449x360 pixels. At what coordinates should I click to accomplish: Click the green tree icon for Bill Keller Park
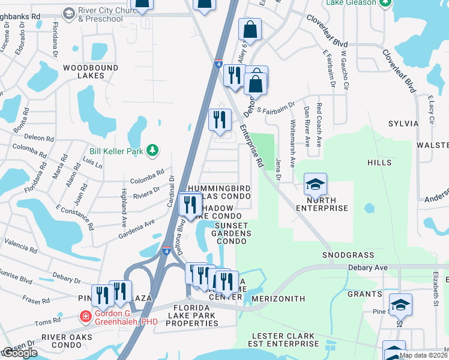click(152, 150)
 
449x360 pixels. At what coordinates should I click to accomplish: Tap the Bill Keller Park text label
click(116, 151)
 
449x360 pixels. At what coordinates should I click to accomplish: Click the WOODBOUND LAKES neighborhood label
click(91, 73)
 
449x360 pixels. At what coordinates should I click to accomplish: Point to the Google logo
click(19, 353)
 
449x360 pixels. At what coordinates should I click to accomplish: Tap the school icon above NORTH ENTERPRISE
click(315, 184)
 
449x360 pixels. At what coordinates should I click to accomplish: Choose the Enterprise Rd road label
click(252, 146)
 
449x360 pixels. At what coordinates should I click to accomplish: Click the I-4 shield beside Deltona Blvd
click(166, 246)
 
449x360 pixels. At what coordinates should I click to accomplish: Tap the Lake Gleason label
click(351, 3)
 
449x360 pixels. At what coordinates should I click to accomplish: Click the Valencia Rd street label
click(21, 244)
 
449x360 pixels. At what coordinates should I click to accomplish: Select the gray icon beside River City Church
click(69, 13)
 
